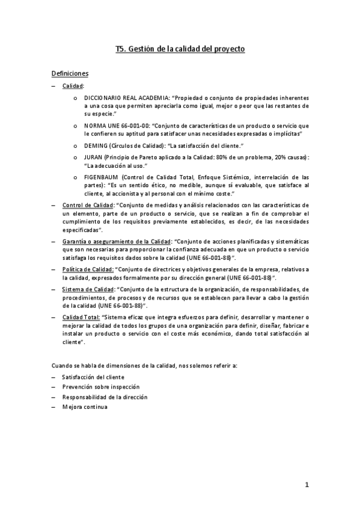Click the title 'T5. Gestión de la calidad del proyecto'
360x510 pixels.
180,50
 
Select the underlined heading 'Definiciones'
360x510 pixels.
70,73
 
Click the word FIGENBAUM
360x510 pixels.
100,177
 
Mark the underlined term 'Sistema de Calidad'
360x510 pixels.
88,289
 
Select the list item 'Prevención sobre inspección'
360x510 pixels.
100,387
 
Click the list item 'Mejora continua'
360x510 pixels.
85,407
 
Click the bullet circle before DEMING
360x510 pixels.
75,146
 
